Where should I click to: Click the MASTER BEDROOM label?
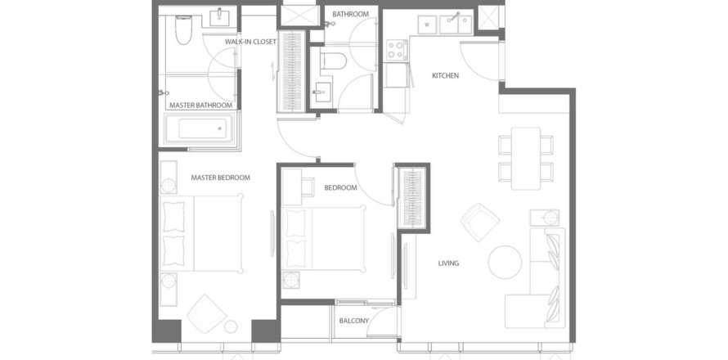click(221, 178)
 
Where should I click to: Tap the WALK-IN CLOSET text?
click(251, 42)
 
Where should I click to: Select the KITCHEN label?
click(445, 75)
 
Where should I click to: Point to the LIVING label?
click(448, 263)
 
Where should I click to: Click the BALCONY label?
click(354, 321)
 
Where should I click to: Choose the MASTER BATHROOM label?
click(200, 106)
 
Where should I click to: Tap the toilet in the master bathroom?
click(183, 30)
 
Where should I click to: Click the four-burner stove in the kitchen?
click(397, 50)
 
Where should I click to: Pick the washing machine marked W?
click(427, 25)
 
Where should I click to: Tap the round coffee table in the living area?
click(505, 263)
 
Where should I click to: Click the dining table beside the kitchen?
click(526, 159)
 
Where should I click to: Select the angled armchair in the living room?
click(480, 222)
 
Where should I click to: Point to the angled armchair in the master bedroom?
click(207, 313)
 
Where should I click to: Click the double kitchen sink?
click(456, 25)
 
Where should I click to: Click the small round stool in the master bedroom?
click(231, 326)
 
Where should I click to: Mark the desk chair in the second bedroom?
click(307, 187)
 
